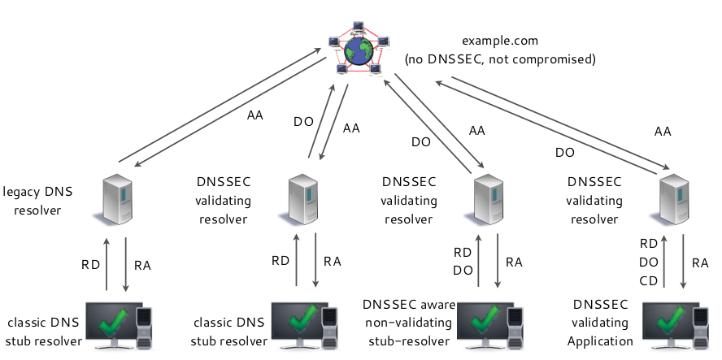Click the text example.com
(x=500, y=41)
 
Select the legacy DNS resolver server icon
(x=116, y=197)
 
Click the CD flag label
(x=648, y=280)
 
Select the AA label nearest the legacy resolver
(x=254, y=115)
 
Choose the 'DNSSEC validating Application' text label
(x=600, y=323)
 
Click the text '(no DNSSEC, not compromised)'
(x=500, y=59)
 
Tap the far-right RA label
(x=700, y=262)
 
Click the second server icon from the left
(x=302, y=198)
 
